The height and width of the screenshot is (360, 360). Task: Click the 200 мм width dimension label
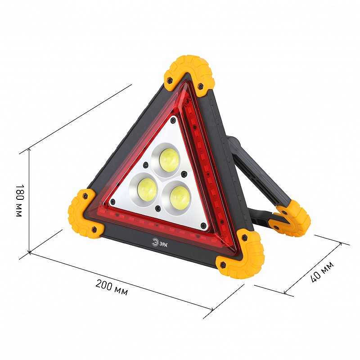tap(112, 287)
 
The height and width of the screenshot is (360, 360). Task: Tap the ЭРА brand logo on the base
tap(160, 243)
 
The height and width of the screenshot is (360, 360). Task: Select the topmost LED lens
tap(169, 160)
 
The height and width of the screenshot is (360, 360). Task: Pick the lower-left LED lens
tap(147, 189)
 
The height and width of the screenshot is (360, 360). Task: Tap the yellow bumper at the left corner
tap(84, 213)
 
